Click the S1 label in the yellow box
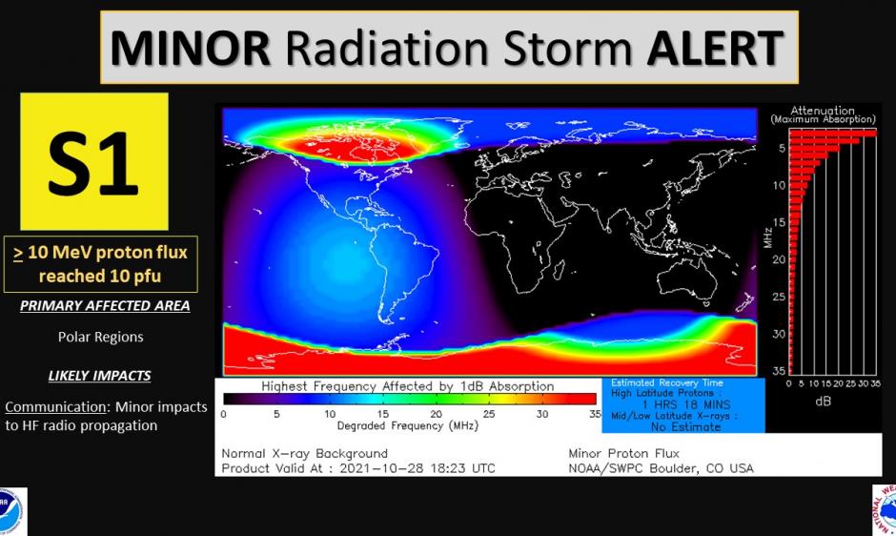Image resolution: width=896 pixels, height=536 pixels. (94, 163)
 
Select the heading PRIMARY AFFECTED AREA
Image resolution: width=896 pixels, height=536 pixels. (105, 306)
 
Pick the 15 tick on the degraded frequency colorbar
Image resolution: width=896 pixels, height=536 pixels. (382, 414)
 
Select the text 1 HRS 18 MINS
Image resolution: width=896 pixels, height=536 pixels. (683, 404)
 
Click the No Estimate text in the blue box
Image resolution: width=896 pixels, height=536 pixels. (683, 427)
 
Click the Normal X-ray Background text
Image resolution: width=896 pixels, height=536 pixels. (304, 453)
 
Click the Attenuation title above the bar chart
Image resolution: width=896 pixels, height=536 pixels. (823, 111)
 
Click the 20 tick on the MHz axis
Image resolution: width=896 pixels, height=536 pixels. (779, 259)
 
